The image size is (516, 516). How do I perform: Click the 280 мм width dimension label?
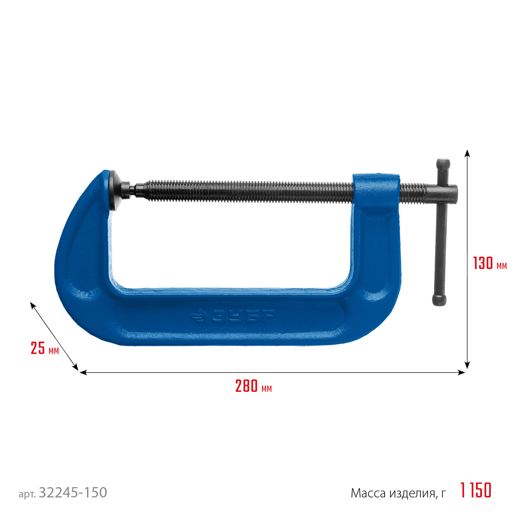click(254, 386)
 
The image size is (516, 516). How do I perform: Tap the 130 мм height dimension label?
click(490, 263)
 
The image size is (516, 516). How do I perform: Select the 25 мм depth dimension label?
click(45, 348)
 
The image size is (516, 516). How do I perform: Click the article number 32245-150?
click(73, 493)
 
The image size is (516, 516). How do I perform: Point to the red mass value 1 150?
click(476, 490)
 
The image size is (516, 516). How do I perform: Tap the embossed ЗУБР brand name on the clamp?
click(243, 315)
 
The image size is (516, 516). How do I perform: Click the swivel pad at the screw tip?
click(115, 190)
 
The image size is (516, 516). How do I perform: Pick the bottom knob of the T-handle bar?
click(439, 300)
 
